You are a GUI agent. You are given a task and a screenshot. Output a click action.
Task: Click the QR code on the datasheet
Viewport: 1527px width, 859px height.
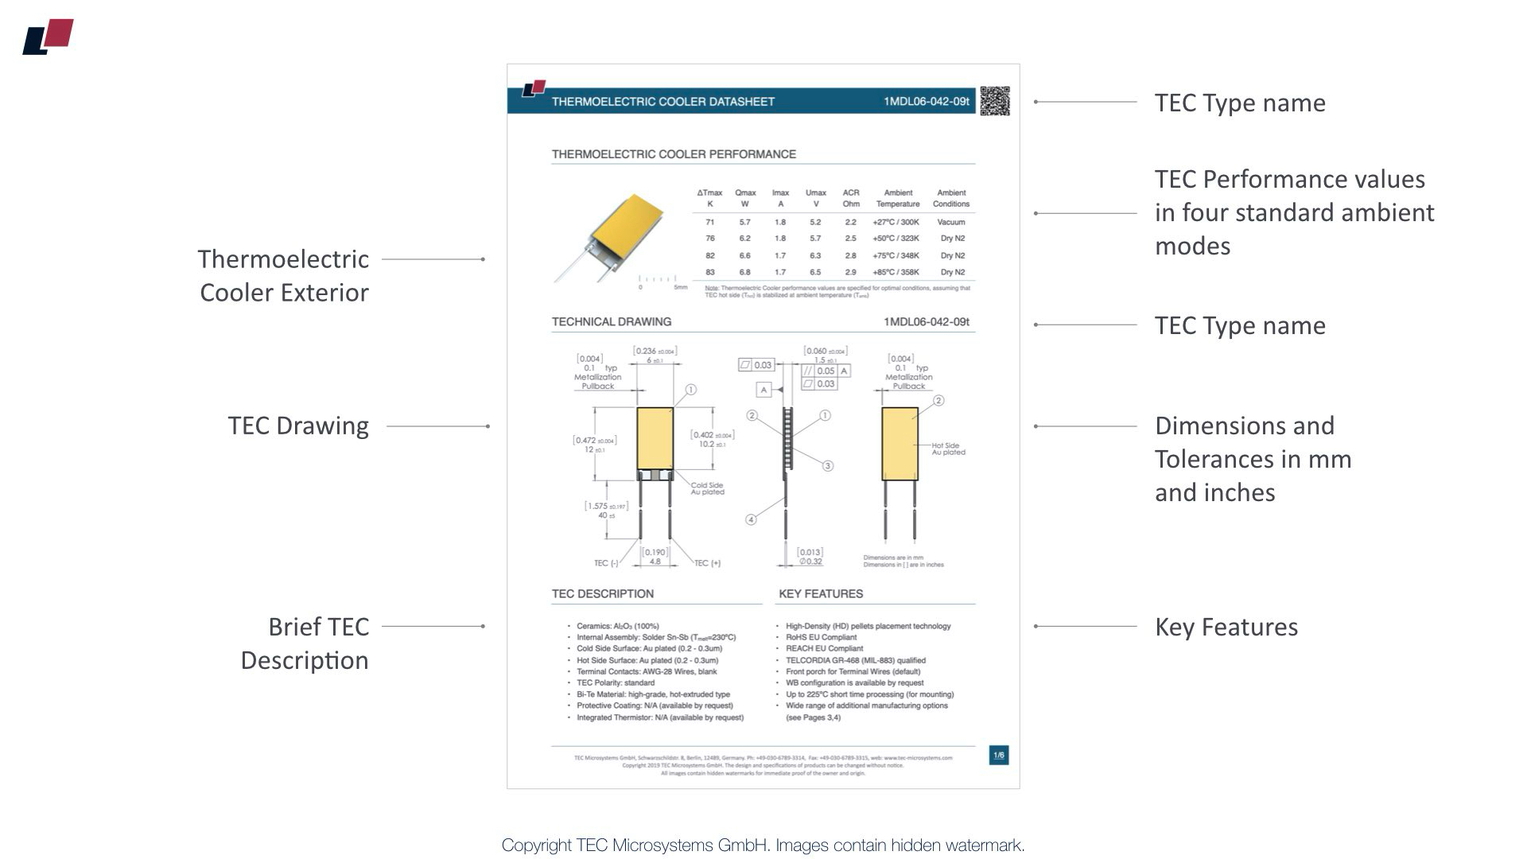click(x=994, y=101)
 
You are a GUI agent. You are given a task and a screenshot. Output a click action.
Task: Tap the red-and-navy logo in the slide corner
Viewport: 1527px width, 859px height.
click(x=49, y=37)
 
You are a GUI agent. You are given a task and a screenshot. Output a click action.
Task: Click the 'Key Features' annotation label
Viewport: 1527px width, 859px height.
click(x=1226, y=627)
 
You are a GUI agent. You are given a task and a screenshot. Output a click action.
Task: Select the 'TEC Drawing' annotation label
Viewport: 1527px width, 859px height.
click(x=298, y=426)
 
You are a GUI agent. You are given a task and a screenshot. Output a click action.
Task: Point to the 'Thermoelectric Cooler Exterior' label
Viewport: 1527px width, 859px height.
click(x=283, y=275)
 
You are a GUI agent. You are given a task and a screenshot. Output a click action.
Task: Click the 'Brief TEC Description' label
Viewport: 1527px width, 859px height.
click(x=305, y=643)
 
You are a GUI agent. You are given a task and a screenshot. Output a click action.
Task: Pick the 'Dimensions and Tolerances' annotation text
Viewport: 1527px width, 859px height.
click(x=1253, y=459)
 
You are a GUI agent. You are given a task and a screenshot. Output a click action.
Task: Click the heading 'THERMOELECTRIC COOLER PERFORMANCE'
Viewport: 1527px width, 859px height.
click(x=674, y=154)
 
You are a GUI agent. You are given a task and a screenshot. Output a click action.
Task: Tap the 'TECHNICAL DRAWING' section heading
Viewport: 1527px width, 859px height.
click(x=612, y=321)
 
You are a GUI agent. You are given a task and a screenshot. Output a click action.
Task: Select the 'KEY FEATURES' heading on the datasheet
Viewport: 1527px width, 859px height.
click(x=821, y=593)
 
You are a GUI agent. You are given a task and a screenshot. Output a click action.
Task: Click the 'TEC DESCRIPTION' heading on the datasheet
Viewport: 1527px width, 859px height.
click(x=603, y=593)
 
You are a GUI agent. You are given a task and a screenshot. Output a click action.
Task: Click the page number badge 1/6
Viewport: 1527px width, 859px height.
click(x=999, y=755)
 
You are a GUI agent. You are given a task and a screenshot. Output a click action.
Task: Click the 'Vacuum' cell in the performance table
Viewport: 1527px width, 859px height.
click(x=951, y=222)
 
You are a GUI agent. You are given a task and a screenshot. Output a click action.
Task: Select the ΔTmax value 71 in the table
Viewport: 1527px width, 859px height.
click(x=710, y=222)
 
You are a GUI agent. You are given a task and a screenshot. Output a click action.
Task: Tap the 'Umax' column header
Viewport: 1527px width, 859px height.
click(x=815, y=192)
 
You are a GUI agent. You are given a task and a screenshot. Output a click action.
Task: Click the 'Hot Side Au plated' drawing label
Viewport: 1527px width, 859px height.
click(x=948, y=449)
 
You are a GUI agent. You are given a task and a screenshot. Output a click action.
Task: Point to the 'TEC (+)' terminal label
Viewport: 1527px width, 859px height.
click(x=707, y=563)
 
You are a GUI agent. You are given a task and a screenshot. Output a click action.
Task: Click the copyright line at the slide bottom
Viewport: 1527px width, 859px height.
click(x=763, y=845)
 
